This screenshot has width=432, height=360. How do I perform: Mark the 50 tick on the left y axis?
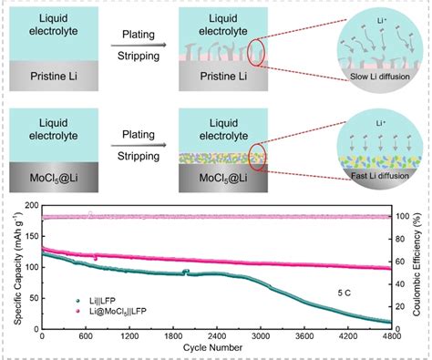click(33, 297)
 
